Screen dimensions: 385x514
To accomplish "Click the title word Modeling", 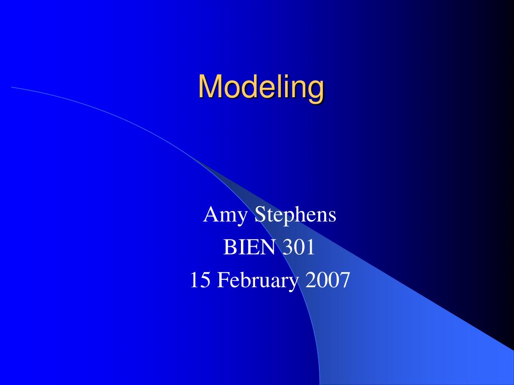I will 261,87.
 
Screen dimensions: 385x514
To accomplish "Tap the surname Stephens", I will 296,216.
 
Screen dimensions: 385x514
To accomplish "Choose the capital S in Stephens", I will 260,216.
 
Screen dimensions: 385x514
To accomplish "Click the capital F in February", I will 222,280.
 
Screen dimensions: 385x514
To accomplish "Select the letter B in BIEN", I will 229,247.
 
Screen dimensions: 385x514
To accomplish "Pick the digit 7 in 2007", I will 343,280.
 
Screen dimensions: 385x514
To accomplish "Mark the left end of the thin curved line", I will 13,87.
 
